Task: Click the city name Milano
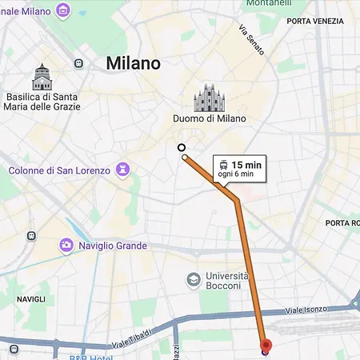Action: pos(134,63)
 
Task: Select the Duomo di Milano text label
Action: pos(209,119)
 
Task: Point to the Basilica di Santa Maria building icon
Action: pos(42,78)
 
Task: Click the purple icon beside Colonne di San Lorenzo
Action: pos(123,170)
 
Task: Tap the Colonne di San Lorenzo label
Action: pos(61,170)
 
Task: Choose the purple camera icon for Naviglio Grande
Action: pos(67,246)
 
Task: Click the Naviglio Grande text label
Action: pos(113,246)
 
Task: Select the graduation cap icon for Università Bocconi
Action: pos(193,279)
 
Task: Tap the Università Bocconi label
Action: pos(223,281)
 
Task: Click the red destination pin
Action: pos(266,346)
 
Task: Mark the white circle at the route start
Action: pos(182,147)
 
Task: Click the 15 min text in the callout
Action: pos(246,165)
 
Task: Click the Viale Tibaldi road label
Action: pos(132,338)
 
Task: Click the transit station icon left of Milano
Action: pos(78,63)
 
